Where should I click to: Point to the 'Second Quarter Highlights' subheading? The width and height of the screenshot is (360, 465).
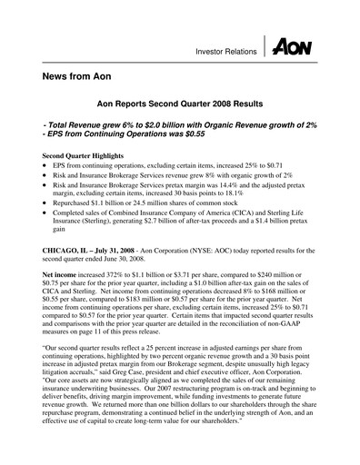[x=82, y=156]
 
